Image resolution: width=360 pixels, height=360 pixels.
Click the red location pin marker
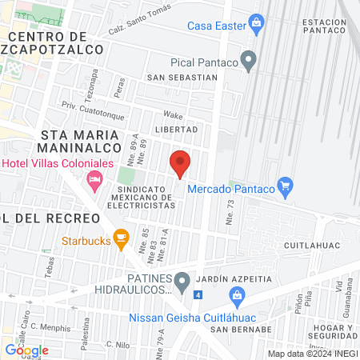pos(180,163)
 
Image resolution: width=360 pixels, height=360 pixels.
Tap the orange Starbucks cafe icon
pos(121,237)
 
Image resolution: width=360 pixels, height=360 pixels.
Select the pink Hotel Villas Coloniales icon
pos(94,178)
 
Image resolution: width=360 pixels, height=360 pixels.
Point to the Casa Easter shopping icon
pos(256,22)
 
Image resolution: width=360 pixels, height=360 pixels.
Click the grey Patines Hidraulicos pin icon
pos(182,280)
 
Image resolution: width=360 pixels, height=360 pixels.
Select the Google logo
pos(26,350)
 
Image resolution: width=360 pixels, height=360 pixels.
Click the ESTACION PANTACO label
pos(326,26)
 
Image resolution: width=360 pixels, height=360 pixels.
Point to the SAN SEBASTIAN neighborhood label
pos(182,78)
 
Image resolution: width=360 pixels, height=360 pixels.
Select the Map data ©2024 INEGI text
pos(312,354)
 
